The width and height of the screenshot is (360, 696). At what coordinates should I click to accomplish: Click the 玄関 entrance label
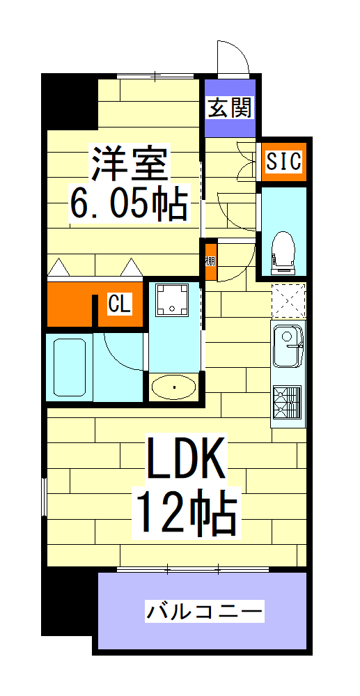(230, 108)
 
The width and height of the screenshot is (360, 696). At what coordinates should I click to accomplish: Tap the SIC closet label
(283, 162)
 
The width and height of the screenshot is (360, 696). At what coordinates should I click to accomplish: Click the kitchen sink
(288, 346)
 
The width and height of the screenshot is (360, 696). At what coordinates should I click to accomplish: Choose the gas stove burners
(288, 403)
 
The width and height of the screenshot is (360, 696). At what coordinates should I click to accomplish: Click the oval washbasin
(174, 387)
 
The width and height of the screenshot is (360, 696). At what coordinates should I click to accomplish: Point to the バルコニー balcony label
(204, 612)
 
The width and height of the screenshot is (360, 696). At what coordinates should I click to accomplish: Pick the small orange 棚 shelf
(210, 261)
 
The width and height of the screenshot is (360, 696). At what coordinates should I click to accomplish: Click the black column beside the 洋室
(68, 101)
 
